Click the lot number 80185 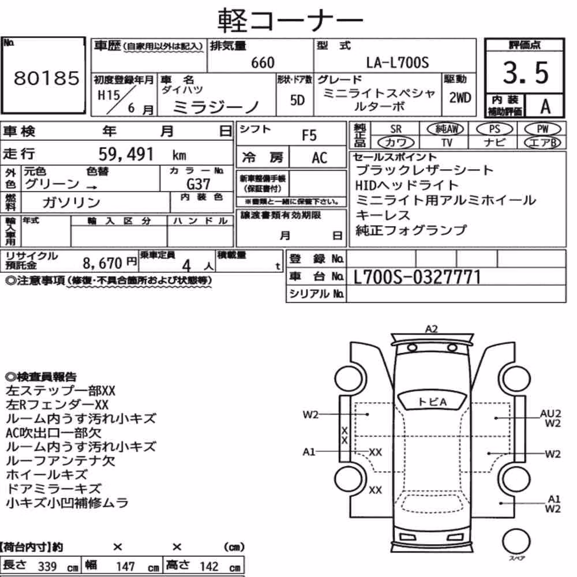[x=46, y=78]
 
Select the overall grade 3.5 [x=526, y=73]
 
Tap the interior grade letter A [x=545, y=106]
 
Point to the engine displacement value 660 [x=263, y=62]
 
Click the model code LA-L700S [x=398, y=62]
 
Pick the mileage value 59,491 [x=126, y=154]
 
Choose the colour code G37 [x=198, y=184]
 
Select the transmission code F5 [x=309, y=136]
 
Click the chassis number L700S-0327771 [x=417, y=277]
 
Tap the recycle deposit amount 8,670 [x=102, y=263]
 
